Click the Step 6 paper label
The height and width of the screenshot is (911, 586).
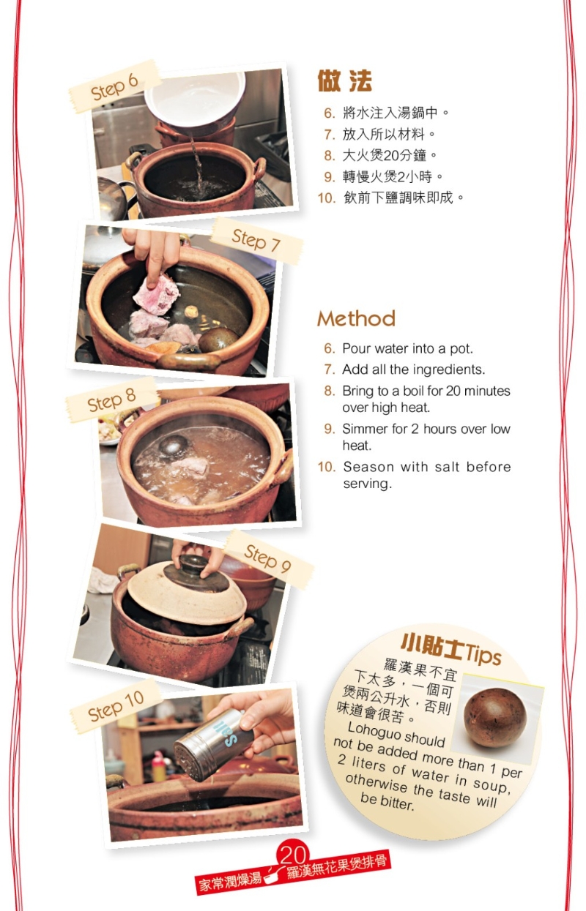(x=114, y=86)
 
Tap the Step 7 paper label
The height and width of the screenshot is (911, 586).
(x=257, y=240)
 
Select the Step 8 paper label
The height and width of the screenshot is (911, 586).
(x=112, y=400)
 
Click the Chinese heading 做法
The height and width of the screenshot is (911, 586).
(x=344, y=80)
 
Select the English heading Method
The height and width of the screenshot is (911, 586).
(x=356, y=319)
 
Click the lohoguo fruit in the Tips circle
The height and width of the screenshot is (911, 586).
(x=494, y=717)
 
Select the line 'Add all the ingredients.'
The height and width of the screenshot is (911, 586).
(x=413, y=370)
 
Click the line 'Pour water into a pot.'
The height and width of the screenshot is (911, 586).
(x=407, y=349)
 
